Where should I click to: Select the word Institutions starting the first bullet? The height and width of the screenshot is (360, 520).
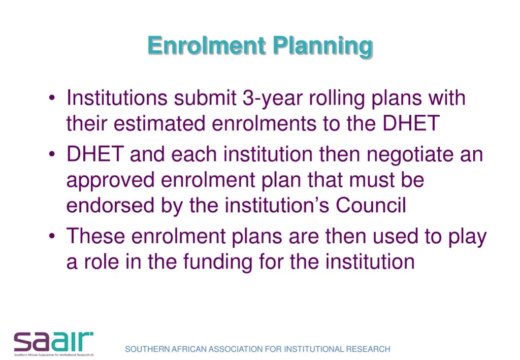point(117,97)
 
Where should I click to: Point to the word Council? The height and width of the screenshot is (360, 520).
point(371,206)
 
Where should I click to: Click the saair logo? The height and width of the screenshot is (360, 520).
point(53,343)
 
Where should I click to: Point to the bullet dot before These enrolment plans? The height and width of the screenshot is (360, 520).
point(53,237)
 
